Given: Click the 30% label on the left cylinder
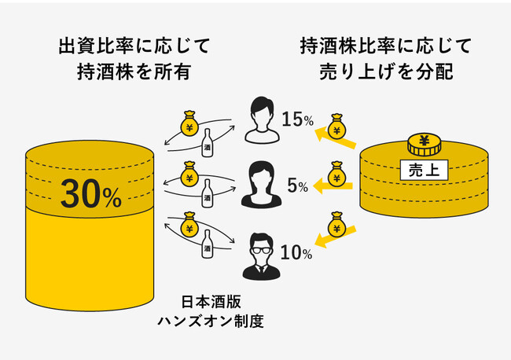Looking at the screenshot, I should [x=94, y=193].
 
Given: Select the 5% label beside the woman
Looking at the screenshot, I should [x=297, y=186].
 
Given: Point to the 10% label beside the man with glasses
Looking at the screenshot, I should [x=296, y=253].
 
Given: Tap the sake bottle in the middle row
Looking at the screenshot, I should [x=208, y=194].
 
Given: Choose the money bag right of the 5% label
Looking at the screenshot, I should [x=336, y=176].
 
